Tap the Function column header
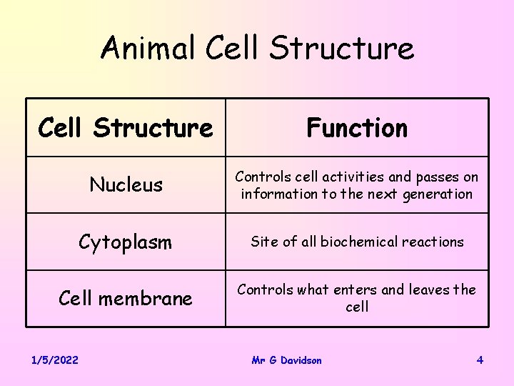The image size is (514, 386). tap(357, 128)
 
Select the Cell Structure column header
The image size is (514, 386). tap(126, 128)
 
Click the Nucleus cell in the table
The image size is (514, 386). tap(126, 185)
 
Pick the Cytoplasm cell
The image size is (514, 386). tap(126, 242)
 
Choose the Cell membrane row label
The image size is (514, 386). tap(126, 298)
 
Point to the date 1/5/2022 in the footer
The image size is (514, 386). tap(54, 360)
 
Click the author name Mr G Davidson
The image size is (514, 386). tap(286, 360)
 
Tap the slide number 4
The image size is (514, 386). tap(480, 360)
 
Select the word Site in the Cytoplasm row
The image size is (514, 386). tap(263, 242)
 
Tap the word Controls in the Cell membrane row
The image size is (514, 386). tap(264, 289)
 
